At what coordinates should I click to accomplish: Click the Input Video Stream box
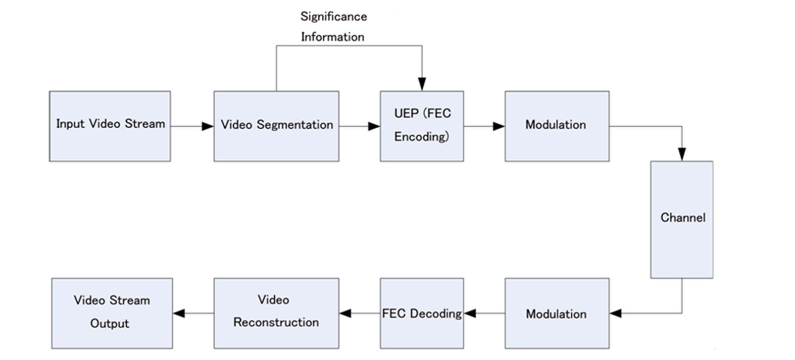pos(110,126)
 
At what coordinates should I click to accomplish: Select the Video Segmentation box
pos(276,126)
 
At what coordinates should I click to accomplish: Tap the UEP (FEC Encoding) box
pos(422,126)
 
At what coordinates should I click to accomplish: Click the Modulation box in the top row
pos(557,126)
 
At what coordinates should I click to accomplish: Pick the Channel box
pos(682,219)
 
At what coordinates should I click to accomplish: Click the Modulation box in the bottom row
pos(557,313)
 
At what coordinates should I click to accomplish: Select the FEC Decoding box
pos(422,313)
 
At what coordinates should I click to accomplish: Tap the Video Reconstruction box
pos(276,313)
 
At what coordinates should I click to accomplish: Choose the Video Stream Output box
pos(112,313)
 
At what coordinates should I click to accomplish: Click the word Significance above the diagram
pos(334,16)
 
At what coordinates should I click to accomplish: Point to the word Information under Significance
pos(333,37)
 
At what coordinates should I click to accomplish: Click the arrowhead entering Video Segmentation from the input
pos(208,126)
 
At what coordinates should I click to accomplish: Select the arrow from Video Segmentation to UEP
pos(359,126)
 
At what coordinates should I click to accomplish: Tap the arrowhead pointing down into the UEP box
pos(422,84)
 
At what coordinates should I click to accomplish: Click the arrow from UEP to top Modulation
pos(484,126)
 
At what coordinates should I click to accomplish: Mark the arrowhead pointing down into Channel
pos(682,154)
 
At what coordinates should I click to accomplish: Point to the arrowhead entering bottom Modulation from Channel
pos(616,313)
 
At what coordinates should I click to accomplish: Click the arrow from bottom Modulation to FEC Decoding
pos(485,313)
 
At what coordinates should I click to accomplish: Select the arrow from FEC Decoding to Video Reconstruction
pos(360,313)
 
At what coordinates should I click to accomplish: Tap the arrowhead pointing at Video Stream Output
pos(179,313)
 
